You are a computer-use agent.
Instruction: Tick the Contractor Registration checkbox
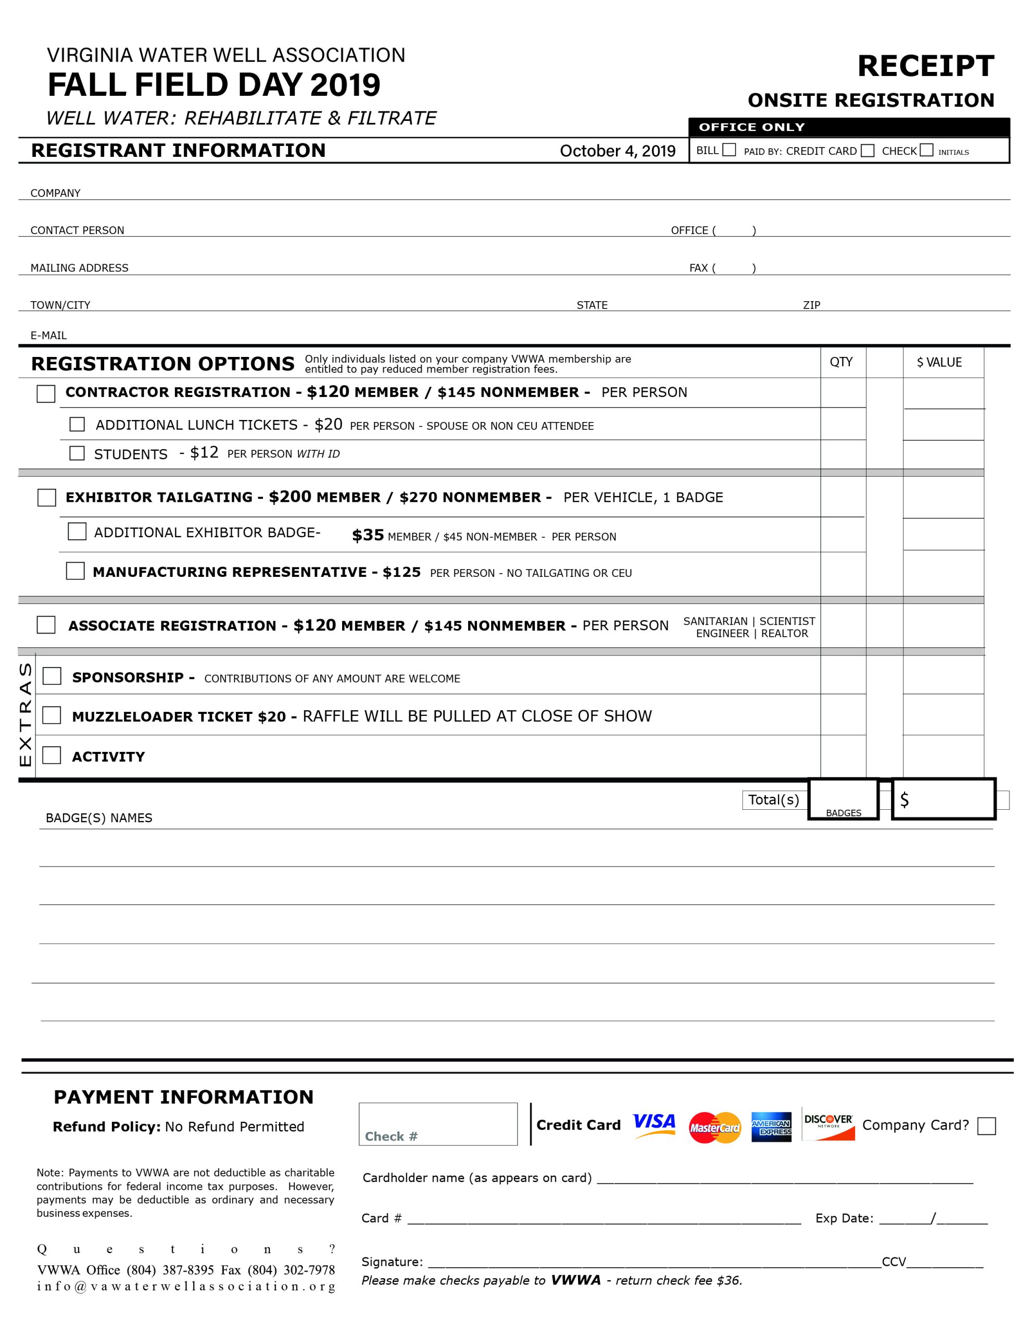[46, 393]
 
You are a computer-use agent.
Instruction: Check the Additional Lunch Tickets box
[77, 424]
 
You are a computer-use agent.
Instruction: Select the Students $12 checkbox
[77, 453]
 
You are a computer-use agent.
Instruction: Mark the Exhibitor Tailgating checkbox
[46, 497]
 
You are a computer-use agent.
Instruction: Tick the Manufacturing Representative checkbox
[75, 571]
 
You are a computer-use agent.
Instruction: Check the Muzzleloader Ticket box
[52, 715]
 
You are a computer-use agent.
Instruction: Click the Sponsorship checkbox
[52, 676]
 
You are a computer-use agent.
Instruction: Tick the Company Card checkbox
[986, 1126]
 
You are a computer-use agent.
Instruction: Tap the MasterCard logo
[714, 1128]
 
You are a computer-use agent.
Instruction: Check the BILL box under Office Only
[729, 150]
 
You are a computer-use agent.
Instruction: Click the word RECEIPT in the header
[926, 66]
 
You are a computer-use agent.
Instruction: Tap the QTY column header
[841, 362]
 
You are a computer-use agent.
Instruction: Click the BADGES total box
[843, 798]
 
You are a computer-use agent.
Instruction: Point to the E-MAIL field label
[49, 336]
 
